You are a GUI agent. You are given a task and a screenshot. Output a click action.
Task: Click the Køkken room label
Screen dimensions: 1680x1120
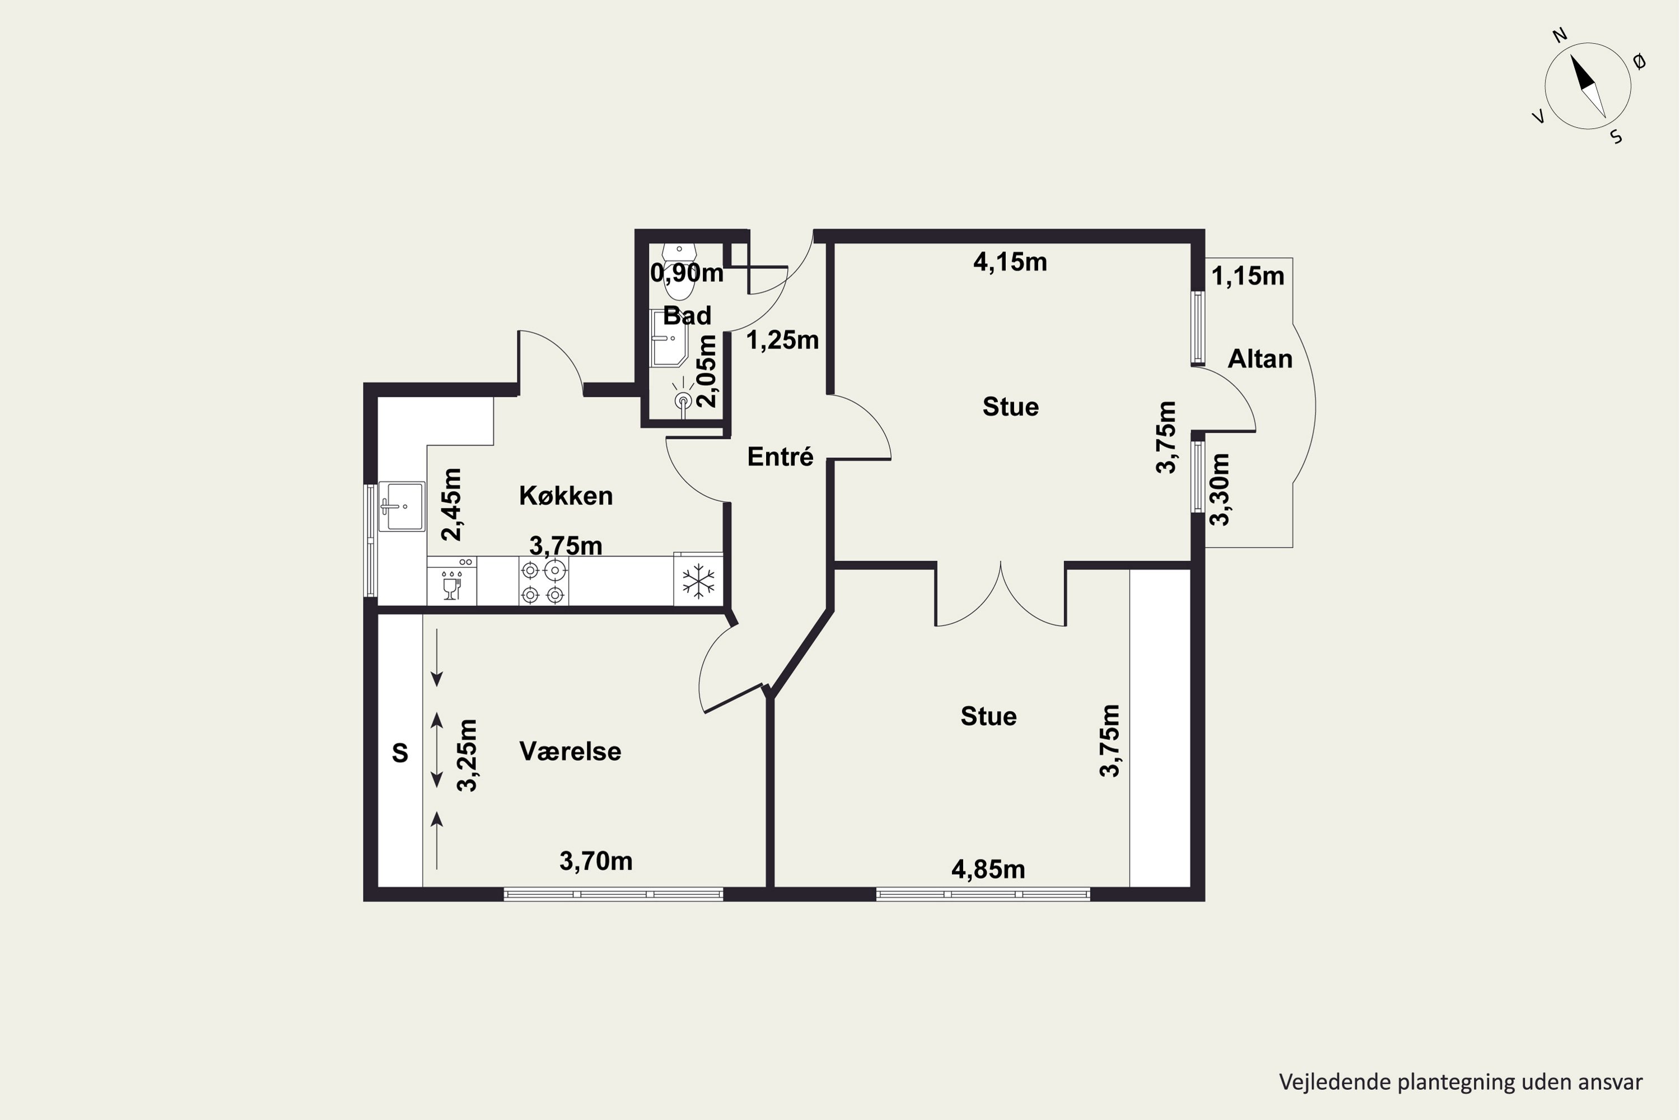[x=566, y=496]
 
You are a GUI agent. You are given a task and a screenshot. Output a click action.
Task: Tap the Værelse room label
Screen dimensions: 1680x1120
[x=570, y=752]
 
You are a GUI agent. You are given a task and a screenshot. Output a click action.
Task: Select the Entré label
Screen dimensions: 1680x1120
[x=780, y=456]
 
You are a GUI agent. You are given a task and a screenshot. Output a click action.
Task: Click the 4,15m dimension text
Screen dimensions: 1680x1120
[x=1010, y=262]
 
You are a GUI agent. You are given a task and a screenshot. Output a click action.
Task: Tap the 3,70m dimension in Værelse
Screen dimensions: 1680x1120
[x=596, y=861]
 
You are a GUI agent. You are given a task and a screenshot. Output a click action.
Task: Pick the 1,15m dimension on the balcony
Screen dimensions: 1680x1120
[x=1247, y=276]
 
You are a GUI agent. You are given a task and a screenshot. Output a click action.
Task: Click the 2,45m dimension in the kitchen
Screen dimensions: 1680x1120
[x=451, y=505]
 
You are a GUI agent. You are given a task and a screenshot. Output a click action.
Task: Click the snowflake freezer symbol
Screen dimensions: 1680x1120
[x=698, y=581]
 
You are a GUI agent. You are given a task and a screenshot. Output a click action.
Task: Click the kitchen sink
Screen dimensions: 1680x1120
[x=402, y=506]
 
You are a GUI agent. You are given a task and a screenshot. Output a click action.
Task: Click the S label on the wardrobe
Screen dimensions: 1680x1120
[x=400, y=753]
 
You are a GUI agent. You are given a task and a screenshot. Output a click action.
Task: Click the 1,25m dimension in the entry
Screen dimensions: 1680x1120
[x=782, y=340]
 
